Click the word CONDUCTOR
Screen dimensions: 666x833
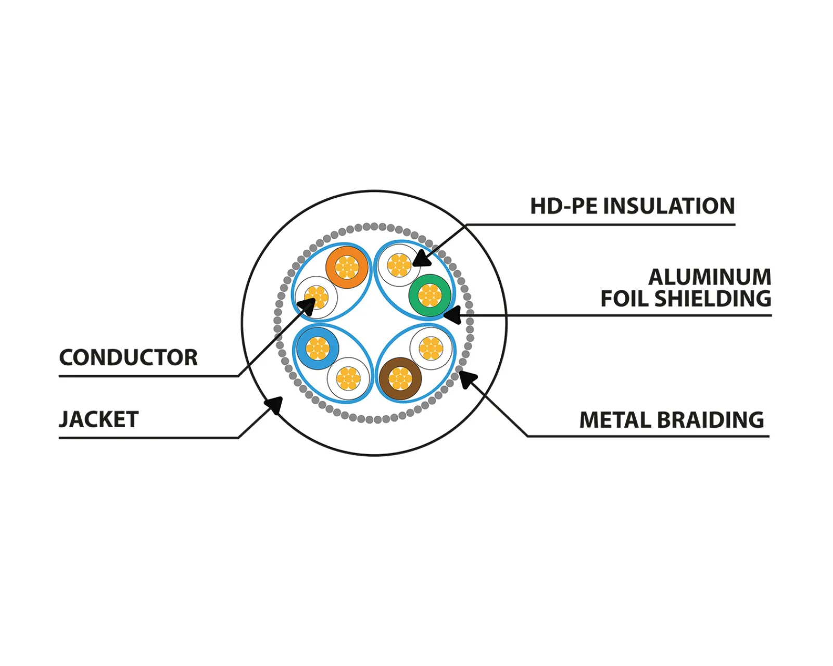128,358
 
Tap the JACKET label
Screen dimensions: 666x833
99,419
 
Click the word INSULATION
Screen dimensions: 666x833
669,207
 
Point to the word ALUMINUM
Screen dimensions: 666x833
710,277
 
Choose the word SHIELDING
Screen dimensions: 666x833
713,299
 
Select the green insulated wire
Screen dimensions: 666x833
430,295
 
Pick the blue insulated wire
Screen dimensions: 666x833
317,348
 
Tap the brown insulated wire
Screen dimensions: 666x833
400,379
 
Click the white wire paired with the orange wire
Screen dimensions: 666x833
316,297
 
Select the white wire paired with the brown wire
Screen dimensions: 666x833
431,348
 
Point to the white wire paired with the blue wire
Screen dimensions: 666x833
348,378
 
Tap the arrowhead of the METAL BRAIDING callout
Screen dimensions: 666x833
466,378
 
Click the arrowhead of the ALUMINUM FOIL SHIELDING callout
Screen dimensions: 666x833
451,315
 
